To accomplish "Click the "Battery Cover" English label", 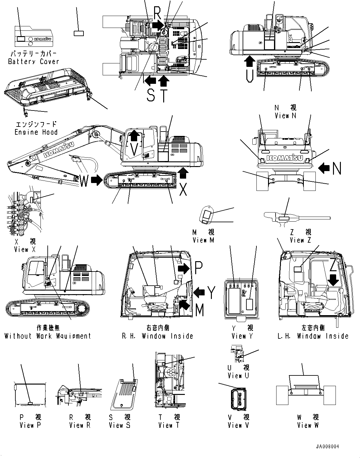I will coord(33,62).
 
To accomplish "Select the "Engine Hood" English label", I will coord(36,132).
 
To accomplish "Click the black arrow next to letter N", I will coord(324,168).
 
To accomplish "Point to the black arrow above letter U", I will coord(250,61).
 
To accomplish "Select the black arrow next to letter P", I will coord(184,268).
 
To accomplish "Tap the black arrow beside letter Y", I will coord(199,292).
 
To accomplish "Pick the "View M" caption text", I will coord(204,240).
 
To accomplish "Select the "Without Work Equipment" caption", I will coord(48,336).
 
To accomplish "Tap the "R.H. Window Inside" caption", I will coord(158,336).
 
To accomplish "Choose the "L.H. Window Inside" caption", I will coord(313,336).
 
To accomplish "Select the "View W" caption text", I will coord(308,425).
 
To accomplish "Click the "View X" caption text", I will coord(25,250).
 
